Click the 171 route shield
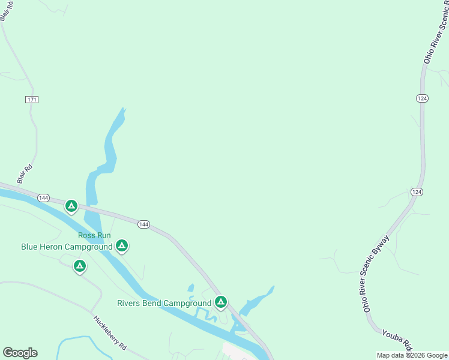(32, 99)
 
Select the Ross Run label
(94, 235)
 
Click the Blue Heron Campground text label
(67, 247)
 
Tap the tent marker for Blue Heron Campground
(122, 245)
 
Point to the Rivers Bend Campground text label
(164, 303)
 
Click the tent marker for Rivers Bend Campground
(221, 302)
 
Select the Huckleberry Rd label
(110, 333)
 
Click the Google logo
(20, 353)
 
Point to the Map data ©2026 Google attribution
(412, 355)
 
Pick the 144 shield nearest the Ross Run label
(143, 224)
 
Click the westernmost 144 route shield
(43, 197)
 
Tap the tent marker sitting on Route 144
(71, 207)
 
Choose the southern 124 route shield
(417, 191)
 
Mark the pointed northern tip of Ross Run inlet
(124, 109)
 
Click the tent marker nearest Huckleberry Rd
(80, 266)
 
